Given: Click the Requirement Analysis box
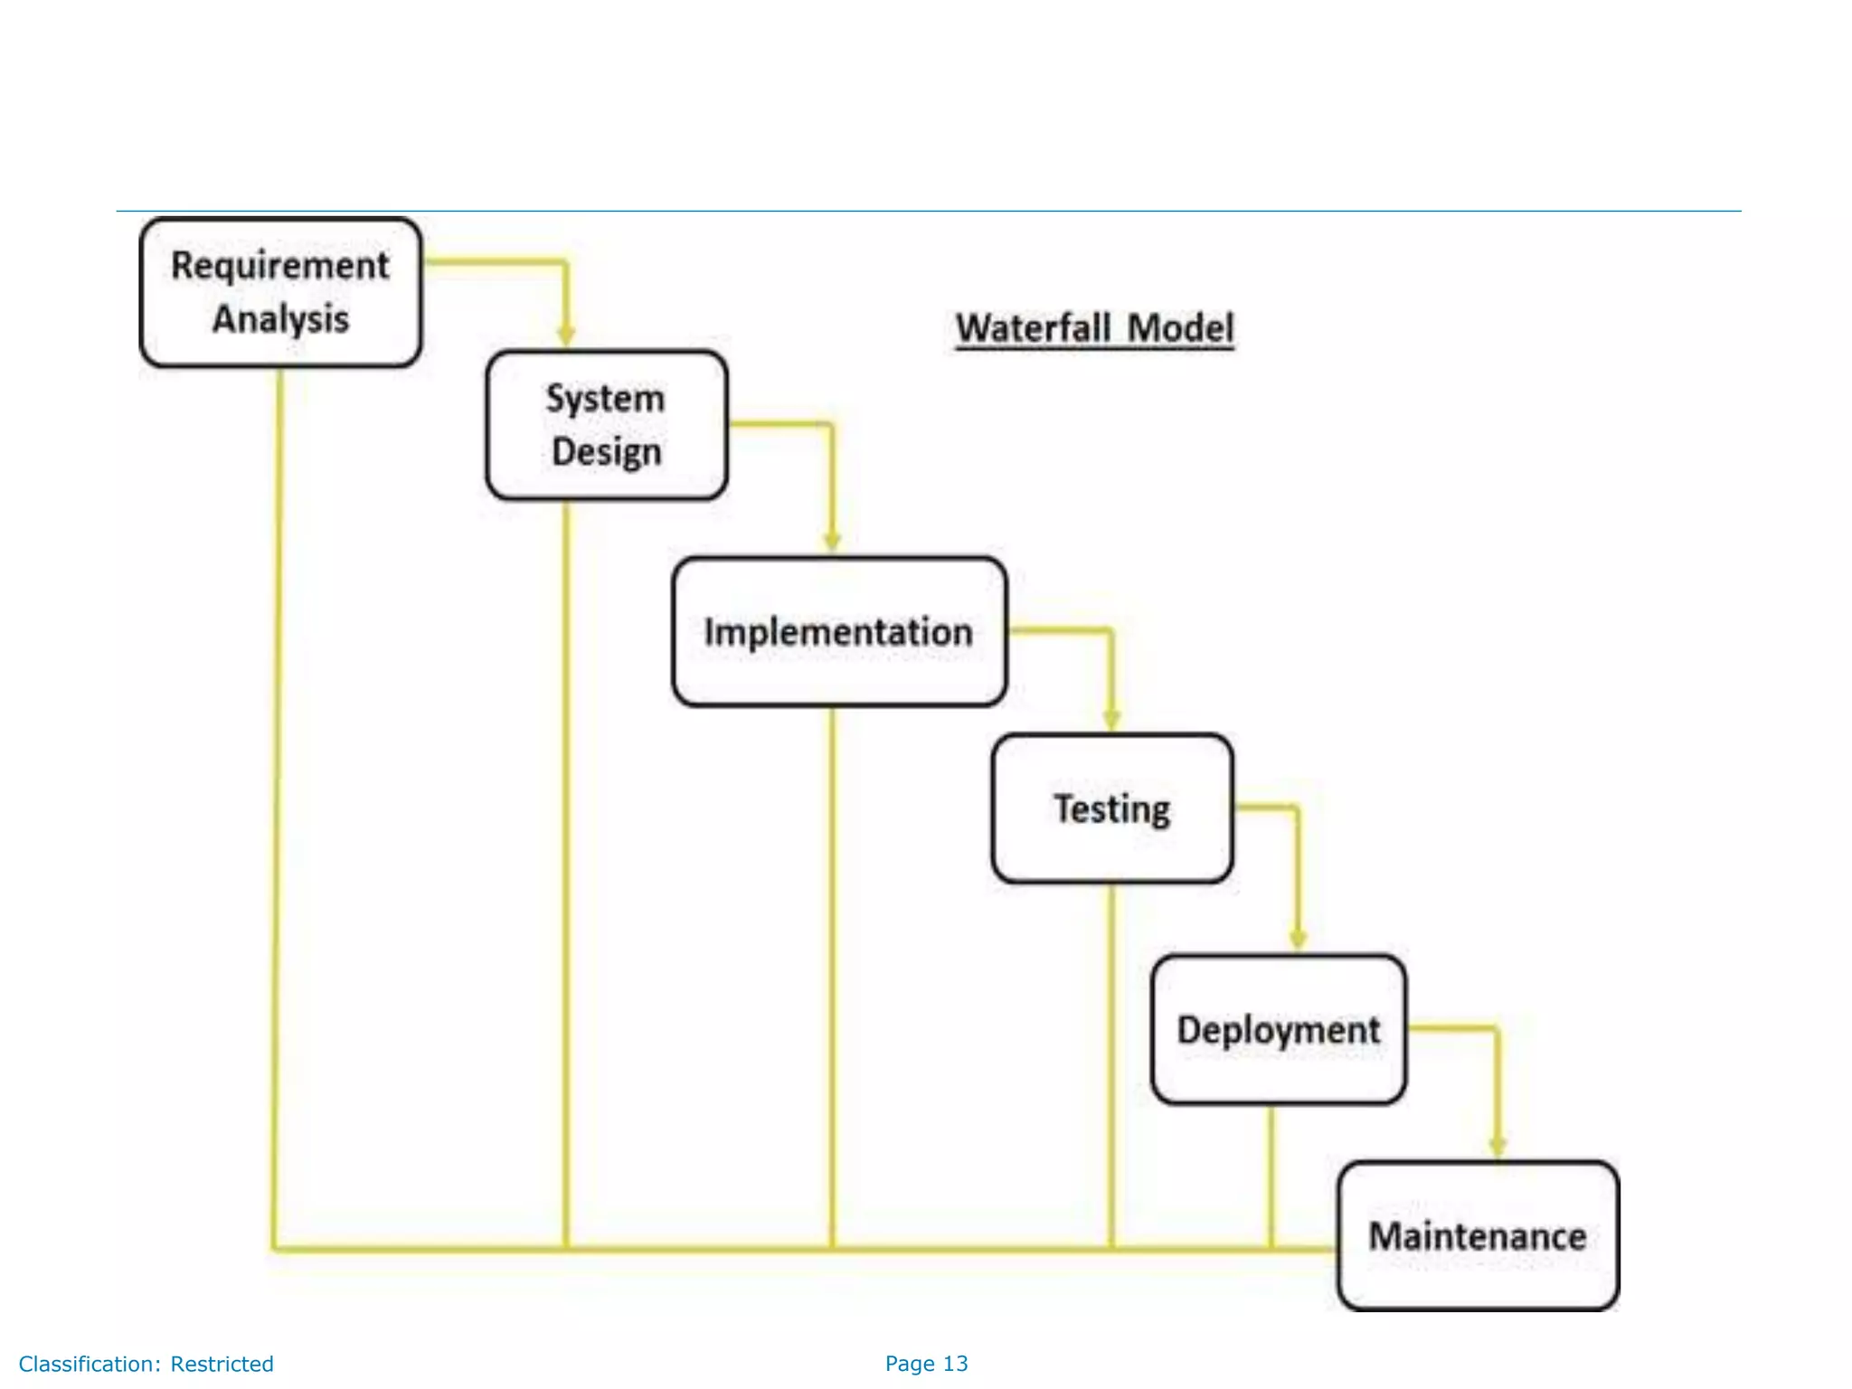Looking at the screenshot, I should (x=280, y=292).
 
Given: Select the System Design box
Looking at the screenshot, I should (x=606, y=425).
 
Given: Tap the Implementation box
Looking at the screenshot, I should (x=838, y=631).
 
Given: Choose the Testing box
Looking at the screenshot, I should (x=1111, y=808).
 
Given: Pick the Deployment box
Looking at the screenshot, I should (x=1278, y=1029).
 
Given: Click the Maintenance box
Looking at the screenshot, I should (x=1478, y=1235).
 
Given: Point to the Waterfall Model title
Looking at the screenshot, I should (x=1094, y=327).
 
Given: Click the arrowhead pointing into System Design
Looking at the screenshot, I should (x=566, y=336).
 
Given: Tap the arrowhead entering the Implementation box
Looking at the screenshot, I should (x=832, y=542).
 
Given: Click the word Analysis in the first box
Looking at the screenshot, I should (x=280, y=319).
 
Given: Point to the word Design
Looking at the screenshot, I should (x=606, y=452).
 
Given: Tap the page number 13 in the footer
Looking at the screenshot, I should (x=955, y=1364).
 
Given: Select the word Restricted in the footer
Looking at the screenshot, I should (x=222, y=1364).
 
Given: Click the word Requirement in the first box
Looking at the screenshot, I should (x=280, y=266).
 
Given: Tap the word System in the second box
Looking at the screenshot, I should (x=605, y=399).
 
